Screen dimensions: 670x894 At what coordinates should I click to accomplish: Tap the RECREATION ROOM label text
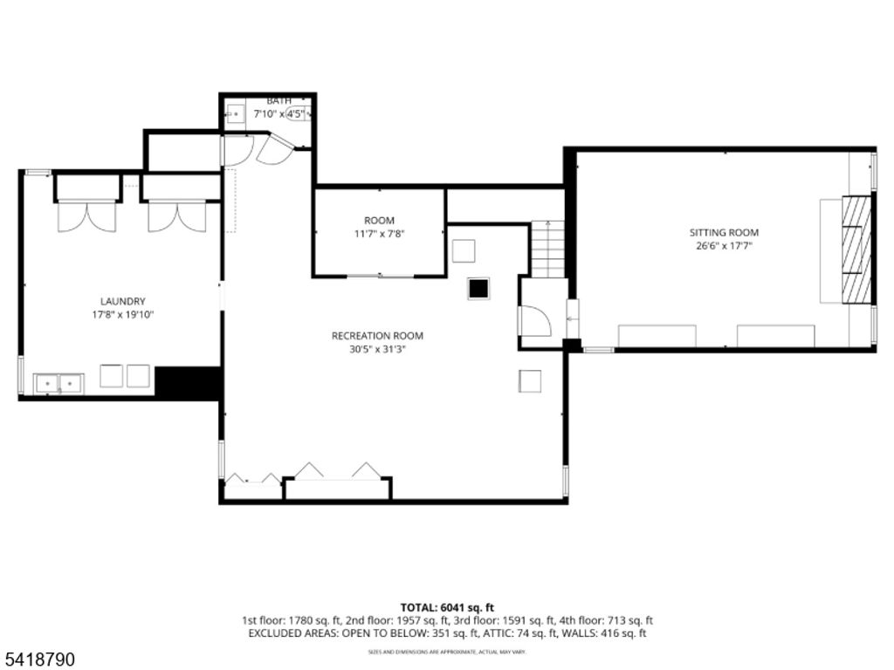pos(377,336)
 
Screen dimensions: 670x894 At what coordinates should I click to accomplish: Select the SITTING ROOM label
pos(724,233)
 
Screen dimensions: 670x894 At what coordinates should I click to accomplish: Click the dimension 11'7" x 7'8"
pos(379,234)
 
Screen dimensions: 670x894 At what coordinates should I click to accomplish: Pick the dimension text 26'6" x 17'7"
pos(724,246)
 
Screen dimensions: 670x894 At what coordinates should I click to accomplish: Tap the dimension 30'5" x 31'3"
pos(377,349)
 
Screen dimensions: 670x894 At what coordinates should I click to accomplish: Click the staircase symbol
pos(548,249)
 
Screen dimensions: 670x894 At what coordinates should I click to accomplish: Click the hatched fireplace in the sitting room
pos(856,249)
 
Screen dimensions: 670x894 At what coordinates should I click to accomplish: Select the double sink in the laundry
pos(58,383)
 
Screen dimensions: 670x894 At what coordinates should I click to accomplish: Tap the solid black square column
pos(478,289)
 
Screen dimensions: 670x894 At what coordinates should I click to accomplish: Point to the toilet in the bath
pos(298,113)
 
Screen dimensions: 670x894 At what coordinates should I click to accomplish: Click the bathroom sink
pos(235,113)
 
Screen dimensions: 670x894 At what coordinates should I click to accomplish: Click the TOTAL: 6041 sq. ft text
pos(447,607)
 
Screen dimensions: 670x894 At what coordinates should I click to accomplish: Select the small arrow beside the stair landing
pos(572,319)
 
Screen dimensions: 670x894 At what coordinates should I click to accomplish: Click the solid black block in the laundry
pos(187,382)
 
